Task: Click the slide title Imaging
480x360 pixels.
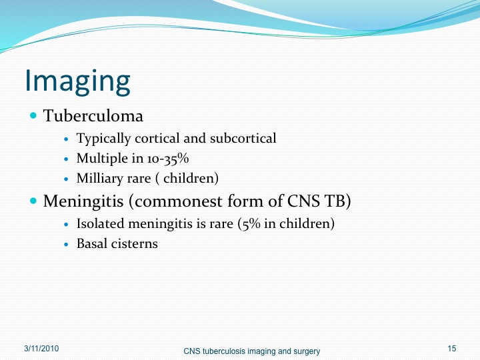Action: click(77, 82)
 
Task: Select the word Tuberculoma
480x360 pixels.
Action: click(93, 116)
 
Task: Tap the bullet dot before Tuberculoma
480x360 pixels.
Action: click(33, 116)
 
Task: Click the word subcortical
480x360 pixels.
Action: click(243, 138)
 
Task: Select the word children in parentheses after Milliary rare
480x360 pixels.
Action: click(189, 178)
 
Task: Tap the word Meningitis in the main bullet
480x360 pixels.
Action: click(83, 201)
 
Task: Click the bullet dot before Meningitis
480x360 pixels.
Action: click(33, 201)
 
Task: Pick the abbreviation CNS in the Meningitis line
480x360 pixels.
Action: click(302, 201)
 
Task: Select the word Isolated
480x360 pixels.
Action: click(101, 223)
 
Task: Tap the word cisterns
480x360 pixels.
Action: click(135, 244)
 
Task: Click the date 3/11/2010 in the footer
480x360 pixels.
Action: click(41, 349)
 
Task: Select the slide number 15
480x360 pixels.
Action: click(452, 349)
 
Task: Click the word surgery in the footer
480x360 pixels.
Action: click(307, 351)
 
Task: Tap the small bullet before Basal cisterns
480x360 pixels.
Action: click(67, 244)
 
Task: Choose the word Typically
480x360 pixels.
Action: click(104, 139)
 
